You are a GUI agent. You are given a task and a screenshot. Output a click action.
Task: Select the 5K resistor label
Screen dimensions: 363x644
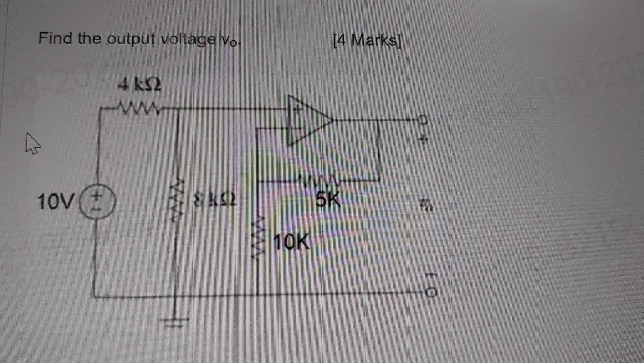(328, 199)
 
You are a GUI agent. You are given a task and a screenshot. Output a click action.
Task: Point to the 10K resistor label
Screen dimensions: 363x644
(291, 242)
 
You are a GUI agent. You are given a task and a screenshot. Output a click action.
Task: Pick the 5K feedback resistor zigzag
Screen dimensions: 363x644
(321, 182)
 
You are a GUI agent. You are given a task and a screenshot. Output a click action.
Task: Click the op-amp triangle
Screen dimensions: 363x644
(307, 120)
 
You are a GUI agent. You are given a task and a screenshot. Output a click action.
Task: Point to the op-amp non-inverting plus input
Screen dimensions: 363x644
(297, 109)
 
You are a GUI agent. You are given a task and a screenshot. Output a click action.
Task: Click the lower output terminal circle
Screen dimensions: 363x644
(431, 293)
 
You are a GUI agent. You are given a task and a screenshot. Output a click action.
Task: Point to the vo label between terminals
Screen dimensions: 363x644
(426, 204)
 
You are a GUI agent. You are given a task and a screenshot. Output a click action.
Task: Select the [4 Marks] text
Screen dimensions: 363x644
(367, 41)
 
